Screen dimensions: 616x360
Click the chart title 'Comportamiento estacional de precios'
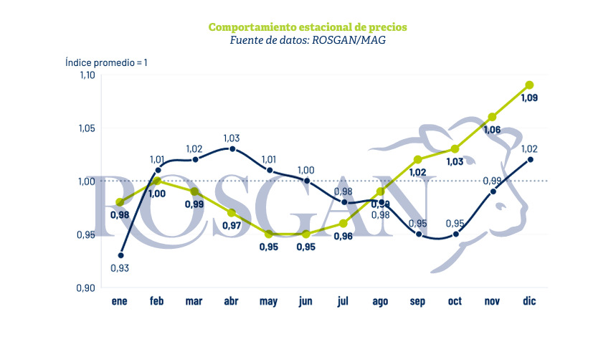[308, 27]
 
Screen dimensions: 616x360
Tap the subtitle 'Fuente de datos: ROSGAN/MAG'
[308, 40]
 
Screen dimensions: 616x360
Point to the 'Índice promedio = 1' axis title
[106, 62]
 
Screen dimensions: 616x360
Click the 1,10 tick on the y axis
[87, 75]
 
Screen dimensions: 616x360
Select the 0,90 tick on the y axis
[85, 288]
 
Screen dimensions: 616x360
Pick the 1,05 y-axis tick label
[87, 128]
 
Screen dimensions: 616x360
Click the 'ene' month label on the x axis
[120, 301]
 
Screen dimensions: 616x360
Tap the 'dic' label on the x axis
[529, 301]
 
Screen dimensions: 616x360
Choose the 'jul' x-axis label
[343, 301]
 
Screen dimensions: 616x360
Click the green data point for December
[529, 85]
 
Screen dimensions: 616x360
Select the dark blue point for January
[121, 255]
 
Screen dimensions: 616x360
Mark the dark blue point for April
[232, 149]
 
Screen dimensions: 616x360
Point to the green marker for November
[492, 117]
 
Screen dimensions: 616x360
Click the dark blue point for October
[456, 235]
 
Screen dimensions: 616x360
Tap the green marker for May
[269, 235]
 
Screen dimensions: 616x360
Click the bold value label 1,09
[529, 98]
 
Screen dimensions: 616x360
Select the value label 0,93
[120, 268]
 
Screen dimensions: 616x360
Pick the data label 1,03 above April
[232, 138]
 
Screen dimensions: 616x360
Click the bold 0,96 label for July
[343, 236]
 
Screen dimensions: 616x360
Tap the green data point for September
[418, 160]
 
